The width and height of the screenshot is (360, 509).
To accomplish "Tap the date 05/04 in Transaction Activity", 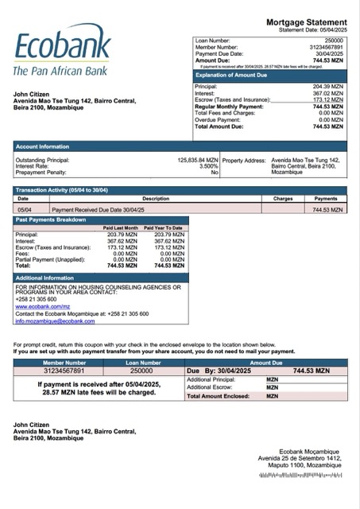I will tap(25, 210).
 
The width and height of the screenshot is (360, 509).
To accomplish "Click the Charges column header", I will tap(283, 199).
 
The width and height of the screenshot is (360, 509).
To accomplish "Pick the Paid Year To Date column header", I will tap(163, 228).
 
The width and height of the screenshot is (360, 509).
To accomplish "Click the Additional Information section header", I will tap(45, 278).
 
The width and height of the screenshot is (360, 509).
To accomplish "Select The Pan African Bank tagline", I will tap(60, 72).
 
